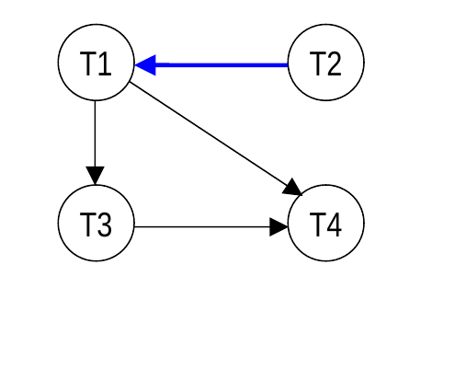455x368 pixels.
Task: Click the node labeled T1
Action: tap(97, 63)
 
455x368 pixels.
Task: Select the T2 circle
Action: tap(326, 63)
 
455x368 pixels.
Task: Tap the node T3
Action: tap(97, 224)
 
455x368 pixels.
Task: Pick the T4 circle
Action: tap(326, 224)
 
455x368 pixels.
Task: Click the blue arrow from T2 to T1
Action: tap(211, 65)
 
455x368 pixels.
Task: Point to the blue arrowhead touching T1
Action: tap(145, 65)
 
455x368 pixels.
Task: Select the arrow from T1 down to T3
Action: tap(96, 143)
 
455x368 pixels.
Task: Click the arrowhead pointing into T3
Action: tap(96, 176)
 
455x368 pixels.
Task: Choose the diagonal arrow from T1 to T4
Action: tap(216, 139)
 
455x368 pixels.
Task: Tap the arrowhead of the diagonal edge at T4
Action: tap(293, 188)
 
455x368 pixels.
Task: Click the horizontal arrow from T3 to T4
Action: tap(211, 227)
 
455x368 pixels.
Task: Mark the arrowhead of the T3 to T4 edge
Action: tap(279, 227)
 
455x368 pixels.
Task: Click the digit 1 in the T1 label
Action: tap(105, 63)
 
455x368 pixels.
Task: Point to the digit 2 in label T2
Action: tap(334, 63)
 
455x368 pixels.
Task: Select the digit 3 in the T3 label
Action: tap(104, 224)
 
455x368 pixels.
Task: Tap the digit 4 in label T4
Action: tap(334, 224)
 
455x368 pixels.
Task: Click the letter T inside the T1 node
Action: tap(88, 63)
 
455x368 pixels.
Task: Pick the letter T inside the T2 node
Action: tap(318, 63)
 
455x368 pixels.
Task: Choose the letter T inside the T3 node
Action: tap(88, 224)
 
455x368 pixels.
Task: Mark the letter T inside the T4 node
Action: tap(318, 224)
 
